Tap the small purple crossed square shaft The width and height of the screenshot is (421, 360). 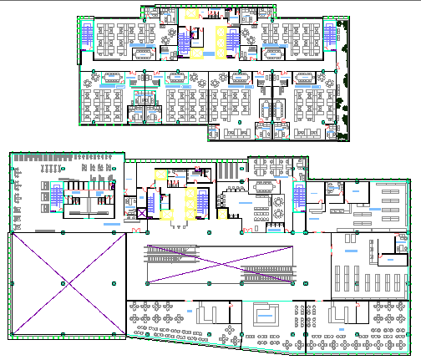[x=142, y=214]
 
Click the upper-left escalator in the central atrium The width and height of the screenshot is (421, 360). [x=175, y=252]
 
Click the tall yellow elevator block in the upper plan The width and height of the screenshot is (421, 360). [x=222, y=42]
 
